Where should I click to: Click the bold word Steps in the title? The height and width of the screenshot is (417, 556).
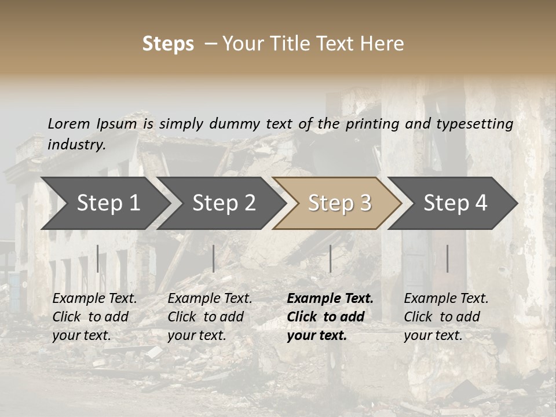point(168,44)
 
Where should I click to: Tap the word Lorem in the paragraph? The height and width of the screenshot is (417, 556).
point(69,123)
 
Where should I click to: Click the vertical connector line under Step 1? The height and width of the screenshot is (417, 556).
point(98,258)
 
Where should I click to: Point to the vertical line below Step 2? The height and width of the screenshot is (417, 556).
point(214,258)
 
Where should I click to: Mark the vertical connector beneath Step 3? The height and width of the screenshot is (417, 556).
point(330,258)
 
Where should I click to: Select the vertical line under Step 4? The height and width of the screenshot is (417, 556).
point(447,258)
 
